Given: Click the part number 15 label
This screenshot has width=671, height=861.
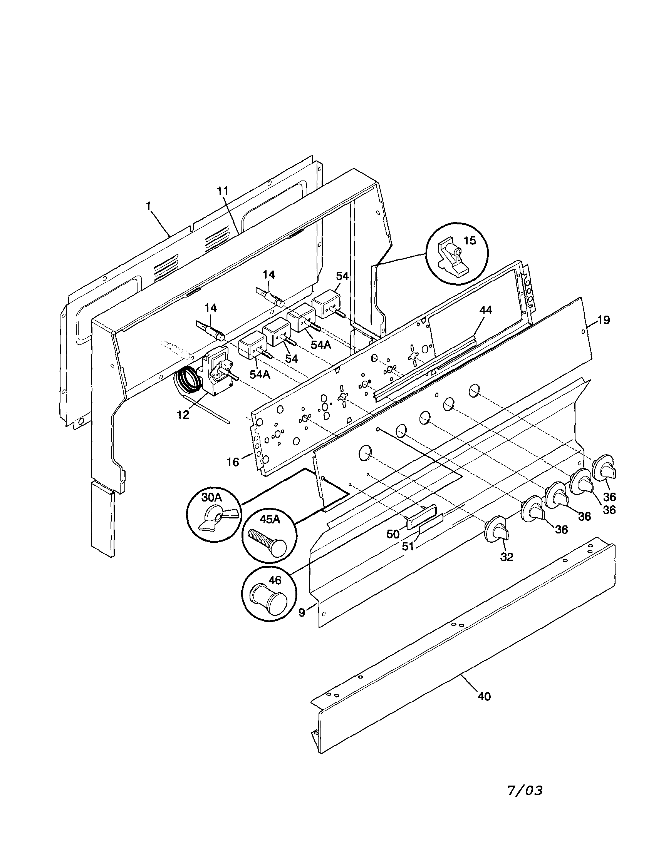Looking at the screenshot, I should click(x=470, y=241).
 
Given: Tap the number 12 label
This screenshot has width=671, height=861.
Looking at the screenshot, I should click(x=183, y=415).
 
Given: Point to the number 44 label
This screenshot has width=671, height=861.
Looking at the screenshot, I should click(x=486, y=310).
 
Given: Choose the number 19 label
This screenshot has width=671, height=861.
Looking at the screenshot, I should click(x=603, y=320).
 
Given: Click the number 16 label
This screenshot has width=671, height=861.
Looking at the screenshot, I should click(x=233, y=461).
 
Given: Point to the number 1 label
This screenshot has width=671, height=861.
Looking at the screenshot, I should click(x=148, y=206).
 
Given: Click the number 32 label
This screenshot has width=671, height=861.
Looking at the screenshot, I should click(x=507, y=557).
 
